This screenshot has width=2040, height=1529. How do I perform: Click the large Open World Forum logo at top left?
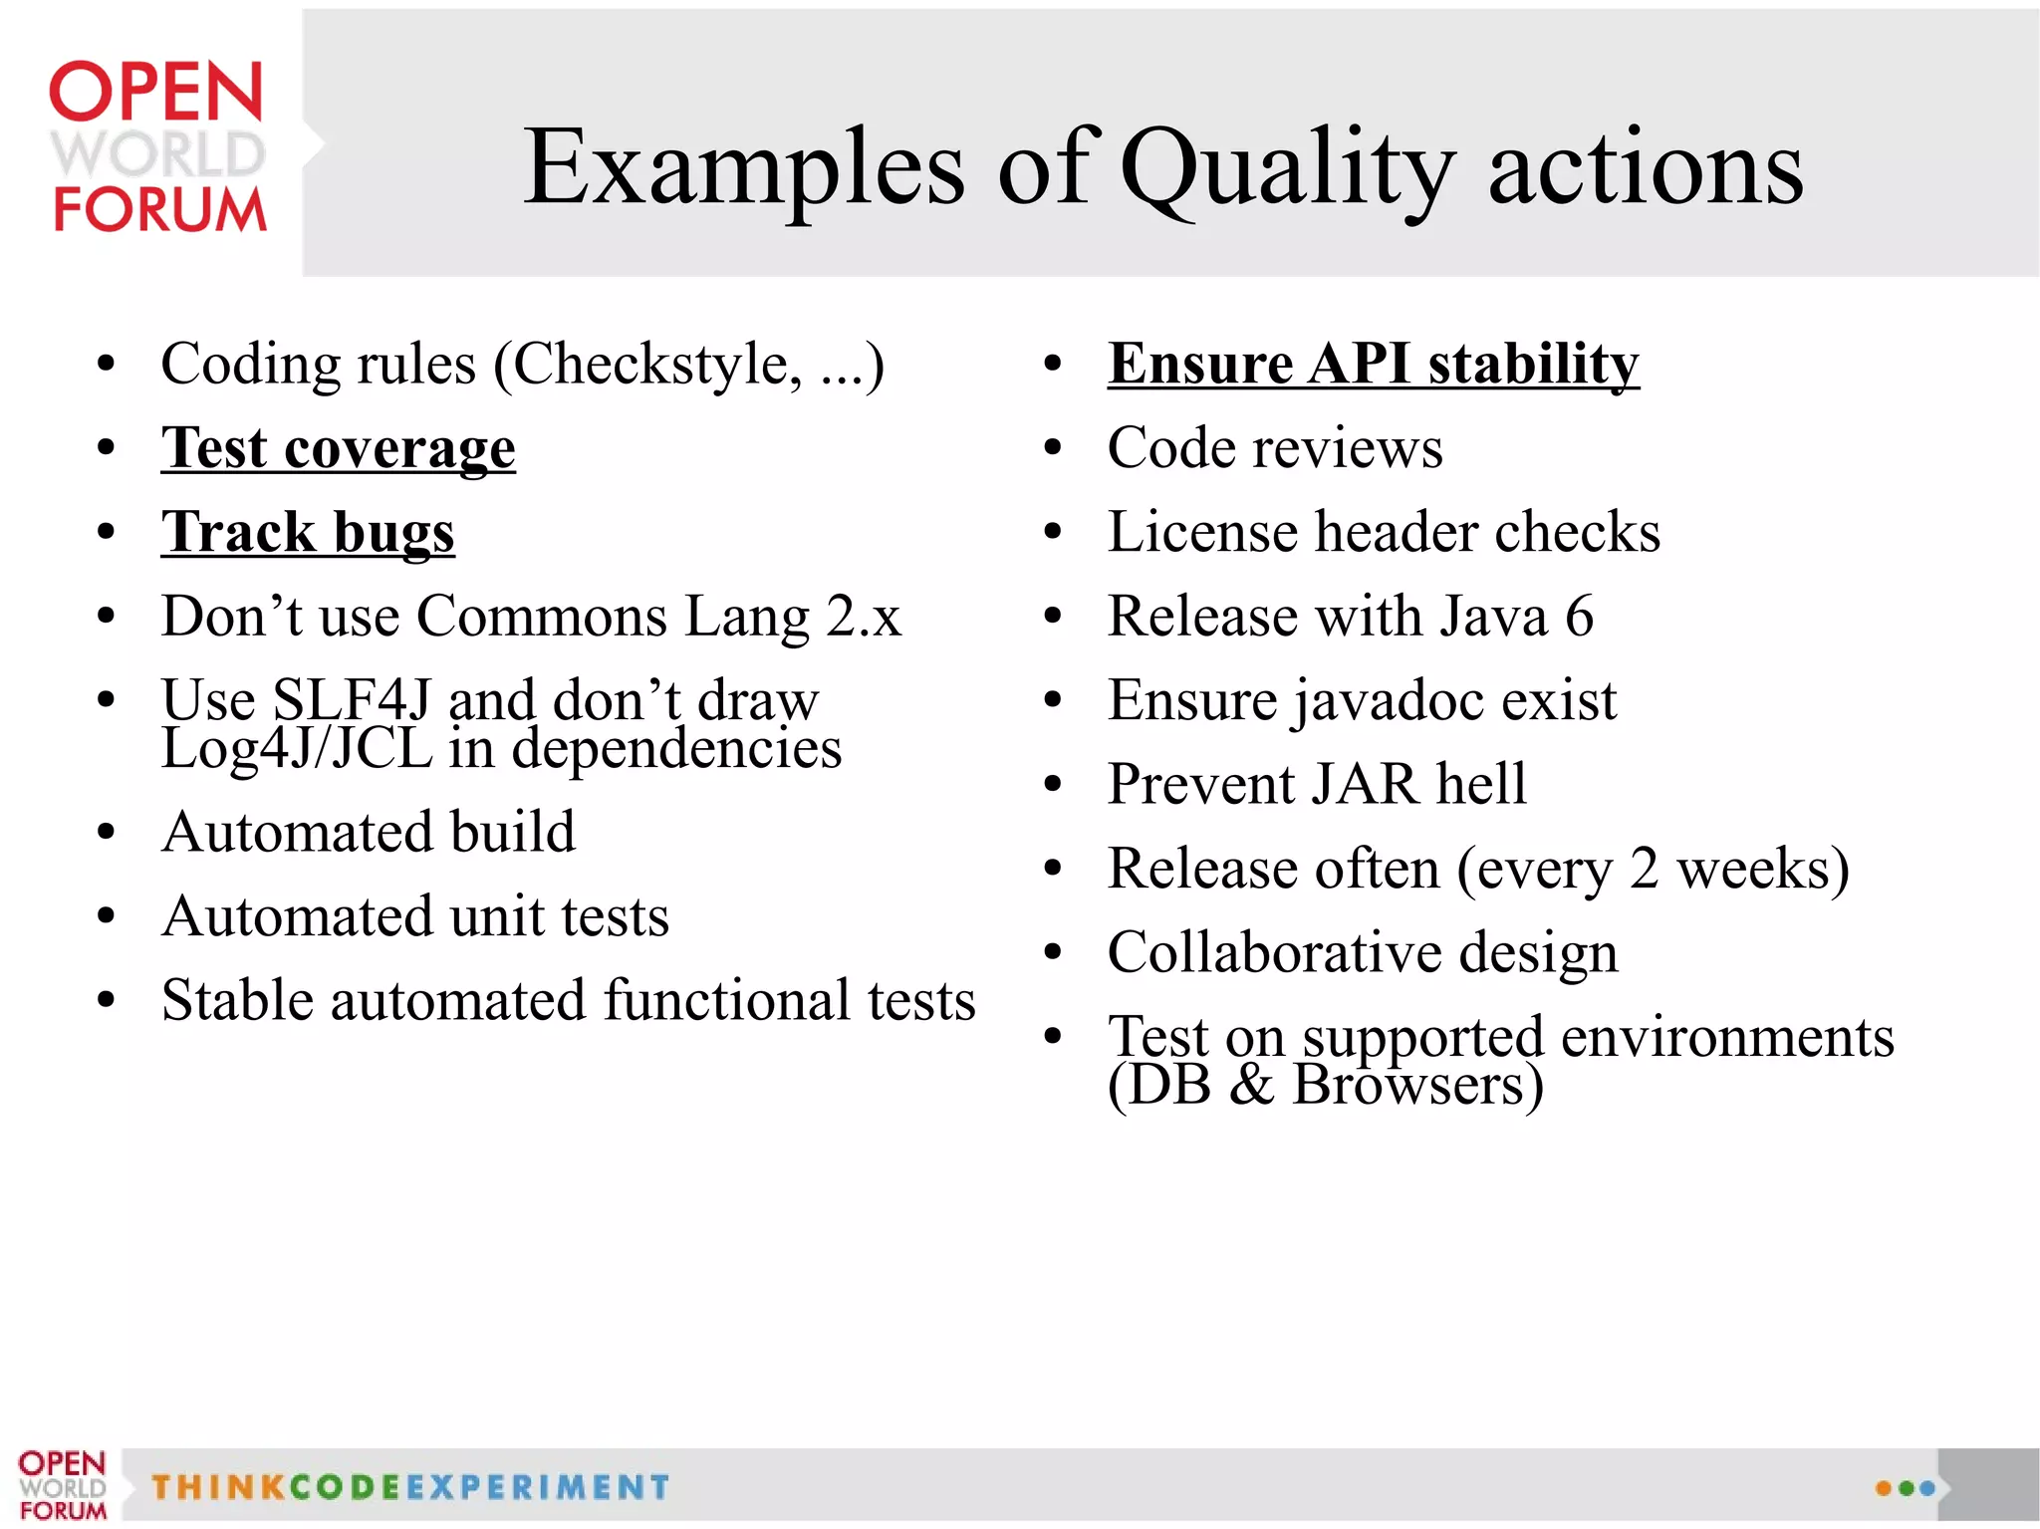point(157,147)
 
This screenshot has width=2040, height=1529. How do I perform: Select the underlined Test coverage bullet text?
point(338,448)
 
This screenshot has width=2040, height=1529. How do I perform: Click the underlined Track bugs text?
point(308,532)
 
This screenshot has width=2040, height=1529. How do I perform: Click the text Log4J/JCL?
point(297,749)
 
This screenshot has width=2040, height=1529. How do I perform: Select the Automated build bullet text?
point(369,832)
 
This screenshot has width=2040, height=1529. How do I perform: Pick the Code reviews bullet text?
point(1274,448)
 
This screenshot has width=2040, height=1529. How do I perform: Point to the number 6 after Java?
point(1579,617)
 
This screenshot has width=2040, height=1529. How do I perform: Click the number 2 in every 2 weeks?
point(1644,869)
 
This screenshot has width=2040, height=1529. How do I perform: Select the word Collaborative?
point(1274,953)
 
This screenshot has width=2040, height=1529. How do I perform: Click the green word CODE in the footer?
point(345,1487)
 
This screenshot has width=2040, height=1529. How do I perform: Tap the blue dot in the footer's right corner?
point(1927,1488)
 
